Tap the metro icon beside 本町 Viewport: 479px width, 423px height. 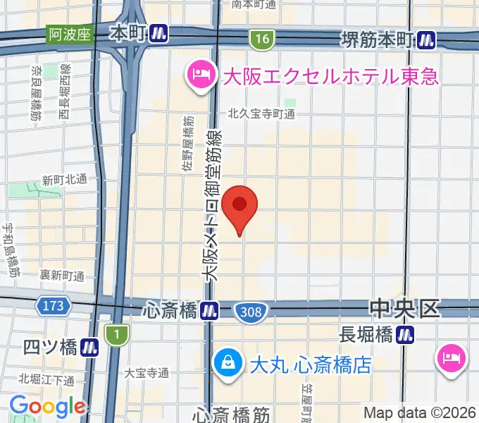point(161,34)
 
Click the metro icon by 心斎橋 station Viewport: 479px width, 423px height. point(209,309)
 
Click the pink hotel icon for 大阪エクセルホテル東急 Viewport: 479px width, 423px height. point(199,74)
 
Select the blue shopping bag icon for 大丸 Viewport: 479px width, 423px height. point(228,364)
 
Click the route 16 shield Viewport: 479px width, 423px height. point(262,40)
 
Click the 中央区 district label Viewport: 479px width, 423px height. point(404,308)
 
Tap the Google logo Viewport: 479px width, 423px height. point(46,406)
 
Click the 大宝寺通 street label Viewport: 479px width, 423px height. point(147,371)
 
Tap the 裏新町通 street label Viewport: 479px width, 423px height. point(62,275)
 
